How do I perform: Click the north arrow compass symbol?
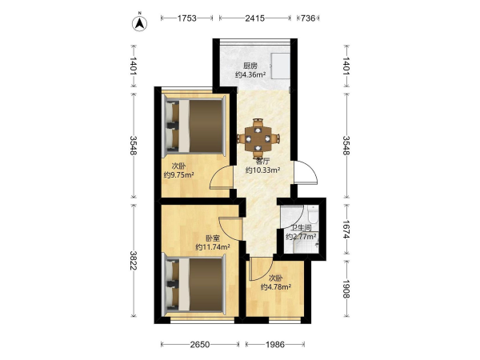139,23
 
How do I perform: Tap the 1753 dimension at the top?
186,18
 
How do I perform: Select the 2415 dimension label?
254,18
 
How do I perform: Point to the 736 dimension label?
308,18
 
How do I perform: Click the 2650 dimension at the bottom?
200,345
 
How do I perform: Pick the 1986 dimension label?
275,345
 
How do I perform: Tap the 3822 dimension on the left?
134,260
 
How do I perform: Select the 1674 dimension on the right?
346,230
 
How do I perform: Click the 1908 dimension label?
346,288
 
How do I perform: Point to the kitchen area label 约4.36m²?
250,74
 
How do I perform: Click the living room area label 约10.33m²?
263,170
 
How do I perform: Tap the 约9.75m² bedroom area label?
178,175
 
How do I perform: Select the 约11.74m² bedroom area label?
213,246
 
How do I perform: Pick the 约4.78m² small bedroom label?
275,287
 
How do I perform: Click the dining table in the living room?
258,138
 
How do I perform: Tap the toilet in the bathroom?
313,214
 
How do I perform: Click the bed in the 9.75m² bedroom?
195,126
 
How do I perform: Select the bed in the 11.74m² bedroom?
195,285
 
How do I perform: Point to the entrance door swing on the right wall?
305,172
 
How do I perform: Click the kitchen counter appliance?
280,66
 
